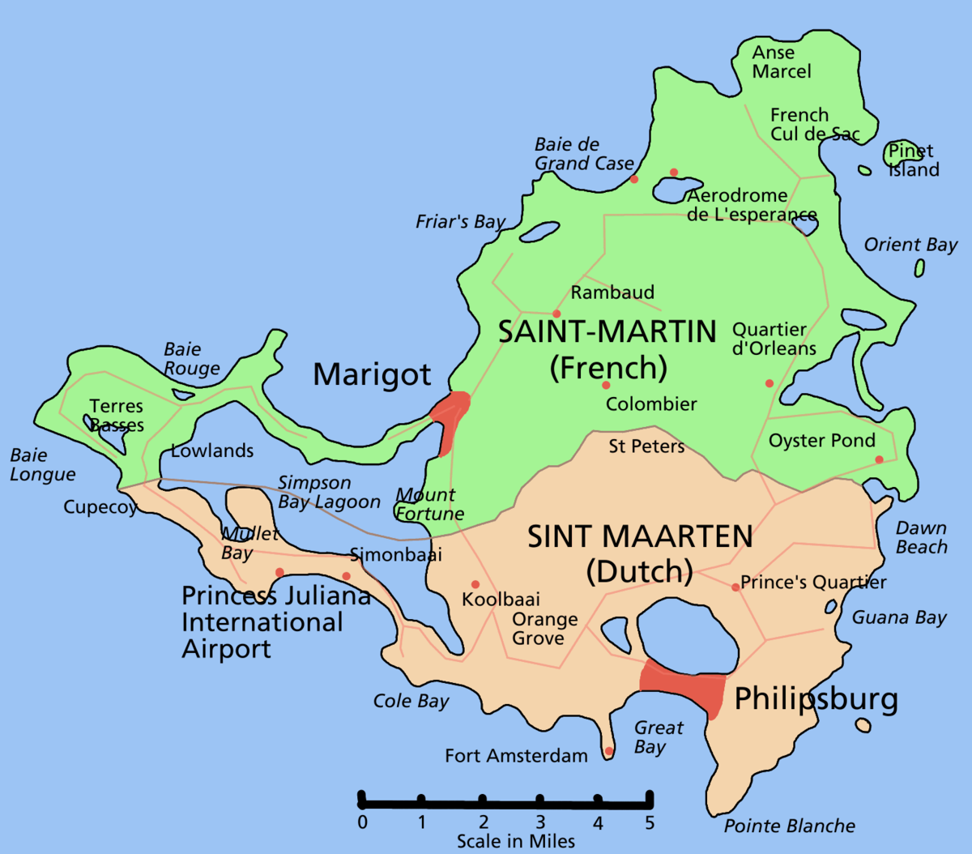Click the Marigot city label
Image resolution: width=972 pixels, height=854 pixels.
coord(372,375)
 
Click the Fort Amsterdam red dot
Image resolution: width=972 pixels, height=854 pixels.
coord(608,751)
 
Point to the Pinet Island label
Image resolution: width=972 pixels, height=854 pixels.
coord(913,160)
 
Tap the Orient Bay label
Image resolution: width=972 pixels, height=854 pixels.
coord(910,245)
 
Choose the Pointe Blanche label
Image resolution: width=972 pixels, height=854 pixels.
coord(789,826)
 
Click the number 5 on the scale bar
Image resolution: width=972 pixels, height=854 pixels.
coord(649,823)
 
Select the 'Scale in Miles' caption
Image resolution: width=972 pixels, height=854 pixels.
coord(515,842)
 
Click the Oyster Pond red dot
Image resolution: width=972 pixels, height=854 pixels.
coord(879,460)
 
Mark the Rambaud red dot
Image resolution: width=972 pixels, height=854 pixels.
coord(556,314)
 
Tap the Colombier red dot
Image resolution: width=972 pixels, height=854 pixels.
coord(606,385)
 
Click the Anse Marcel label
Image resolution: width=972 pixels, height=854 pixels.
coord(781,62)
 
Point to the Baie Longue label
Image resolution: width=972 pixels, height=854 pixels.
coord(42,465)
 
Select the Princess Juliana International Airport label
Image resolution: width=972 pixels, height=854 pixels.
coord(275,622)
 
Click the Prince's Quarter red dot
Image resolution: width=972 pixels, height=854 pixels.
coord(735,587)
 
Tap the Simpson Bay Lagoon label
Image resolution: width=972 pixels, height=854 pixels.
coord(329,493)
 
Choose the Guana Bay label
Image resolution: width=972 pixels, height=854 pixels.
coord(899,617)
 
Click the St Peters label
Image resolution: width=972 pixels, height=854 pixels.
coord(646,446)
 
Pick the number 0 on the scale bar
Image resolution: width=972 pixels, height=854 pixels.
coord(362,823)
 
